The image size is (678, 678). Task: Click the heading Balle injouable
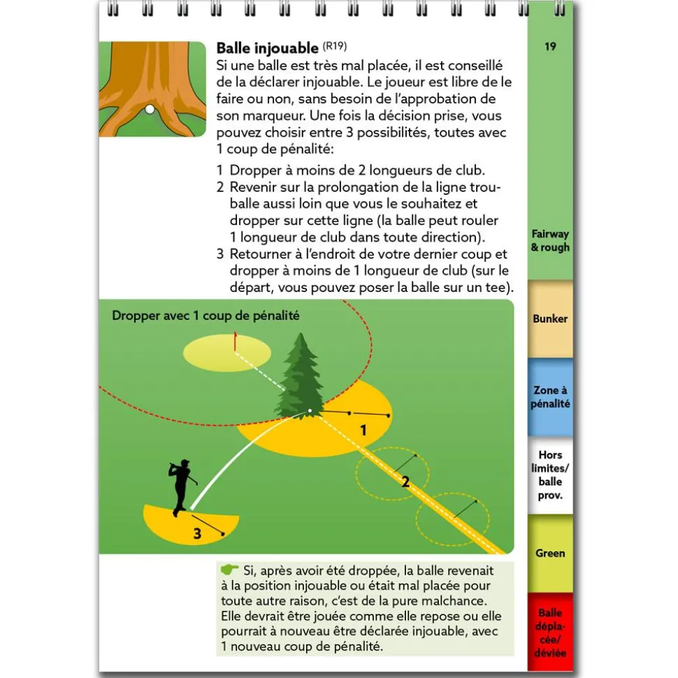(267, 48)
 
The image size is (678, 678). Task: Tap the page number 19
(550, 47)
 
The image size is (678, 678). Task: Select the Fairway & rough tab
(550, 240)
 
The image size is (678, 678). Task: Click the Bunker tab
(550, 319)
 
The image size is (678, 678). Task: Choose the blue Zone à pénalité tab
(550, 397)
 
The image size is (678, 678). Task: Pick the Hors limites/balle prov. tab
(550, 475)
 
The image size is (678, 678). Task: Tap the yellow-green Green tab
(550, 553)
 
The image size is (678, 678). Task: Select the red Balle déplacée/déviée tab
(550, 633)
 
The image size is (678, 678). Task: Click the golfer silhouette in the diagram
(181, 486)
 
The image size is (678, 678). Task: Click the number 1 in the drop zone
(363, 430)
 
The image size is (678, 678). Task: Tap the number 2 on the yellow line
(405, 480)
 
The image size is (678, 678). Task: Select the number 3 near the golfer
(197, 535)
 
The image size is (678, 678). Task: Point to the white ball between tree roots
(149, 109)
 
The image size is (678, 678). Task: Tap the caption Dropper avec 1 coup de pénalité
(205, 316)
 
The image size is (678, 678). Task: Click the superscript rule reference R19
(334, 46)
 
